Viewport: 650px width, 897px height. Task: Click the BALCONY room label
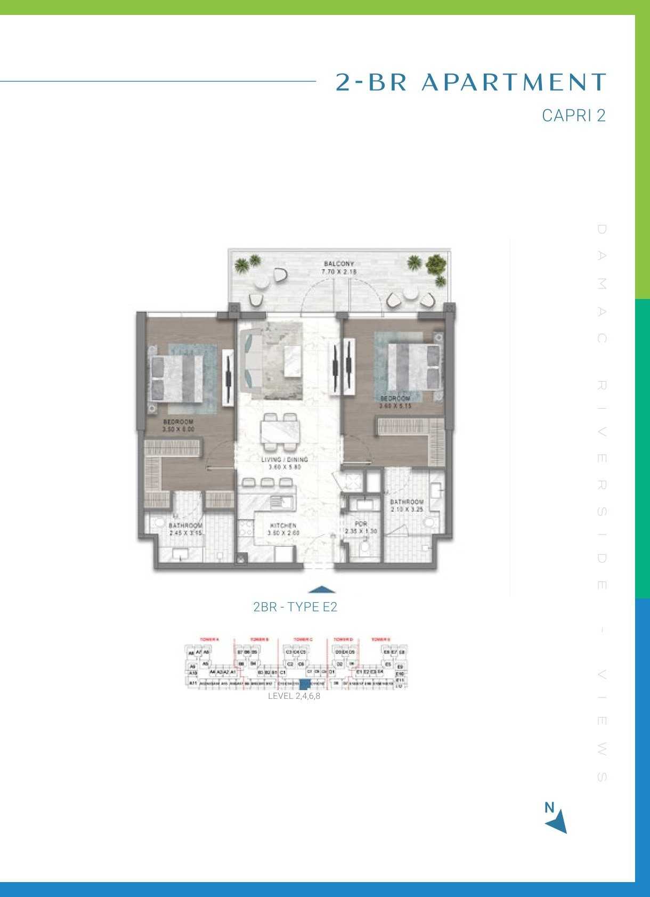click(339, 264)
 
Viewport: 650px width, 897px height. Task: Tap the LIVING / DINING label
click(285, 459)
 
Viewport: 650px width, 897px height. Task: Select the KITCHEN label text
click(283, 526)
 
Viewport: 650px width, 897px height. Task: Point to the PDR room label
click(361, 524)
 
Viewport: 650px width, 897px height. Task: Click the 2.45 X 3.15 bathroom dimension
click(185, 532)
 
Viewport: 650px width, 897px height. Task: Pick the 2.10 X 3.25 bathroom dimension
click(407, 510)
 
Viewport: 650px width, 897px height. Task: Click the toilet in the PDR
click(365, 547)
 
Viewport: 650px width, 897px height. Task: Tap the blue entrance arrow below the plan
click(322, 589)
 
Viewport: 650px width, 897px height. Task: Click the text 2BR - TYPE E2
click(295, 607)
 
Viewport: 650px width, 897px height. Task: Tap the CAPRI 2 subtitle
click(574, 116)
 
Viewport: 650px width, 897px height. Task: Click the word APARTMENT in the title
click(514, 83)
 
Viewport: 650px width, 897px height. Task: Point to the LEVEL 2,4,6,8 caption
click(294, 696)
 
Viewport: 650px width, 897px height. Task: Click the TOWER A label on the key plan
click(209, 639)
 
